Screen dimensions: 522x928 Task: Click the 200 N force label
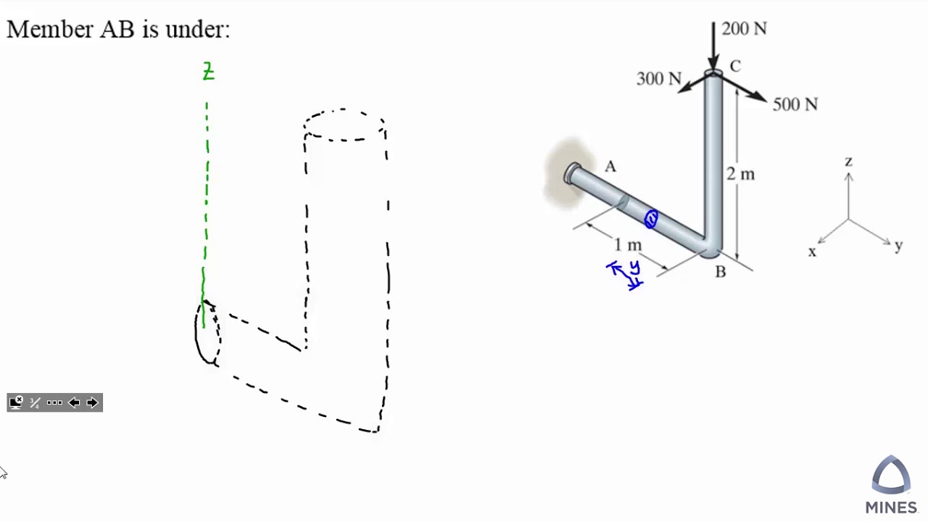(x=744, y=29)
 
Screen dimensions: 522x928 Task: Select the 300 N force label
(x=658, y=79)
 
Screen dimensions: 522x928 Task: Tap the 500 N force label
(x=795, y=105)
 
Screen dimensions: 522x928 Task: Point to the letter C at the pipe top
(x=735, y=67)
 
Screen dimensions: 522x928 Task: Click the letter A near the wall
(x=610, y=167)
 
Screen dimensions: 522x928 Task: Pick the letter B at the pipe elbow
(x=720, y=272)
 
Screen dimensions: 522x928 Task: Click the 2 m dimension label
(x=740, y=174)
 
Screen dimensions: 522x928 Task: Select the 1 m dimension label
(x=627, y=244)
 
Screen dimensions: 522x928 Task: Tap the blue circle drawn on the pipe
(x=650, y=219)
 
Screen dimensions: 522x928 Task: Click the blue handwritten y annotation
(x=634, y=268)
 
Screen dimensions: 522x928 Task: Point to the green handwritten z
(x=208, y=72)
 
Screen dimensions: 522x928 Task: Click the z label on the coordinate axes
(x=848, y=161)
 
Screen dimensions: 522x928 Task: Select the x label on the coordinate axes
(x=812, y=252)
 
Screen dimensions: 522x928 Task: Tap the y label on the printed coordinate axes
(x=898, y=246)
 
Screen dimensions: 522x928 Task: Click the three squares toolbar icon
(x=54, y=403)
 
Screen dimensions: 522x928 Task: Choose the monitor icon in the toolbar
(x=16, y=402)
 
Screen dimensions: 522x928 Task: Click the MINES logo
(x=891, y=485)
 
